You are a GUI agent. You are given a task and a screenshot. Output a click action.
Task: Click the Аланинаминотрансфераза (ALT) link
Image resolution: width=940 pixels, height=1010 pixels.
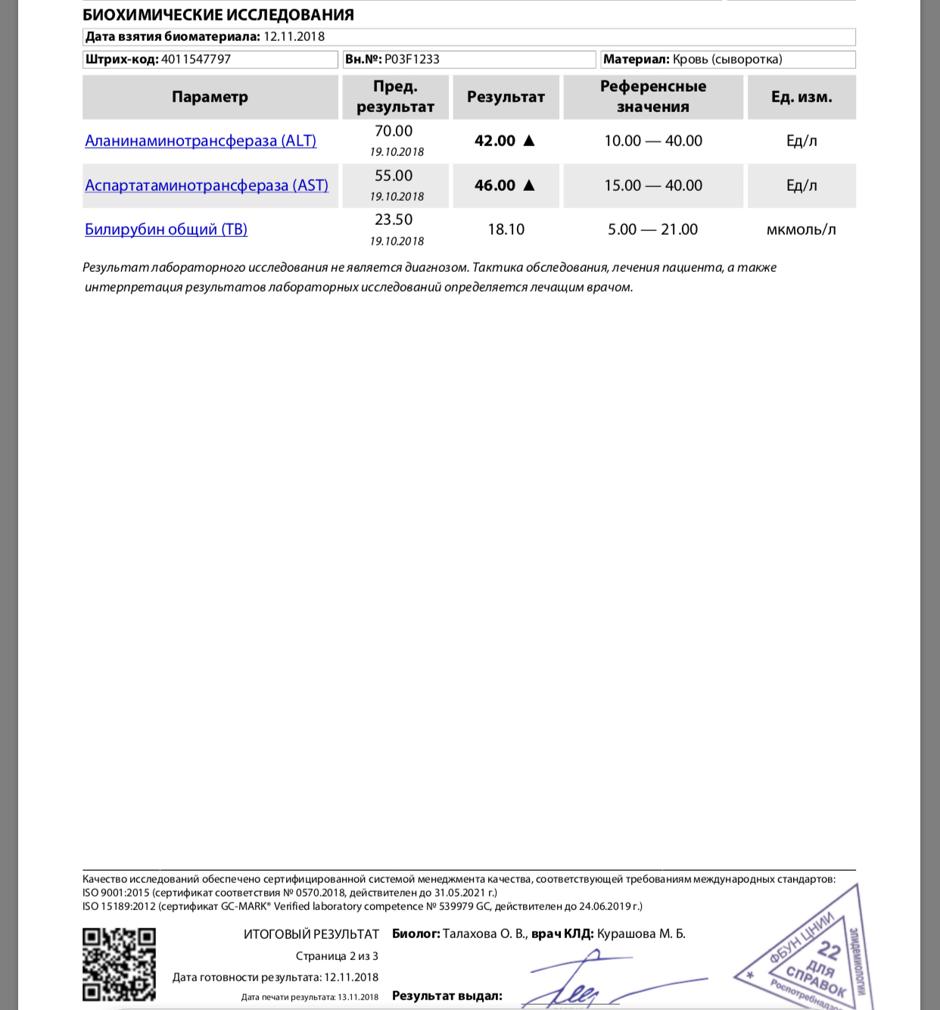(x=201, y=141)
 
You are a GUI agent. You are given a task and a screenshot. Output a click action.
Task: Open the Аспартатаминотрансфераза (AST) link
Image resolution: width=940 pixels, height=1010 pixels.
(x=207, y=185)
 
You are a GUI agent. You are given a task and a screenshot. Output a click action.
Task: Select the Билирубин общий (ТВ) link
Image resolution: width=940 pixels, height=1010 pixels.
(x=166, y=229)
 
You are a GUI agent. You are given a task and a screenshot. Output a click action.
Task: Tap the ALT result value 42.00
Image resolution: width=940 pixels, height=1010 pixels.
(x=495, y=141)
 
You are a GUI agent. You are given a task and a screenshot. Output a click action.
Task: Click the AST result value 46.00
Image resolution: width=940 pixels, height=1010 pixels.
(x=495, y=185)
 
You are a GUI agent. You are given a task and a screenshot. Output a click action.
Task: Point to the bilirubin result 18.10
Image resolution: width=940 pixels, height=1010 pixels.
(x=506, y=229)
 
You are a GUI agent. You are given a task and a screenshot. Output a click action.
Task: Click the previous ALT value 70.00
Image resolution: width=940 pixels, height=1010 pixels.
(x=394, y=131)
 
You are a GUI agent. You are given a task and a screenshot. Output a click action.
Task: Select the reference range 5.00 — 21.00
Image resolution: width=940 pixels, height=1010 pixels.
(x=652, y=229)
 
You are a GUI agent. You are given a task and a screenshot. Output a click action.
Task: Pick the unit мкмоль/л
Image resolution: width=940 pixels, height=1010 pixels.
(x=801, y=229)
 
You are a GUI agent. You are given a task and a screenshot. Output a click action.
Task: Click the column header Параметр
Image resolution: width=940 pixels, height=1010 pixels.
(x=210, y=97)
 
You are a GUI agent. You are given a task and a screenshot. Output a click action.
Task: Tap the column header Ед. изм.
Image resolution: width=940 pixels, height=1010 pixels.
(x=801, y=97)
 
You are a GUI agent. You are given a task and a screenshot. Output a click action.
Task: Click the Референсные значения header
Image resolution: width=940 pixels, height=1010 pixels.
(x=652, y=97)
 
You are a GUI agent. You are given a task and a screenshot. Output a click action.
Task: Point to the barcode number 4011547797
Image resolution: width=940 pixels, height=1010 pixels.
(x=196, y=59)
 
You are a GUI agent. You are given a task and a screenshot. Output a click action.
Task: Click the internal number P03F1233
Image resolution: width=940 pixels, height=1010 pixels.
(x=412, y=59)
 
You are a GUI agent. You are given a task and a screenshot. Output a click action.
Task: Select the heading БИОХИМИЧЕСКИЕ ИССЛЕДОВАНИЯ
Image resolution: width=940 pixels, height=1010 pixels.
(x=218, y=14)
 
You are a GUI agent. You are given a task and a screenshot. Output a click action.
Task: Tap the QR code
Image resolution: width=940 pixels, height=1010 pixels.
(x=119, y=964)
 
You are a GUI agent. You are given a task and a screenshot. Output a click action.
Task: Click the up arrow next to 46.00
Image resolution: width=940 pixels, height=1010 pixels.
(x=529, y=185)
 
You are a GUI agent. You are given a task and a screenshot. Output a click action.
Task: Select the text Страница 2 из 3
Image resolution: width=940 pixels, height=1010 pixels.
(x=337, y=956)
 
